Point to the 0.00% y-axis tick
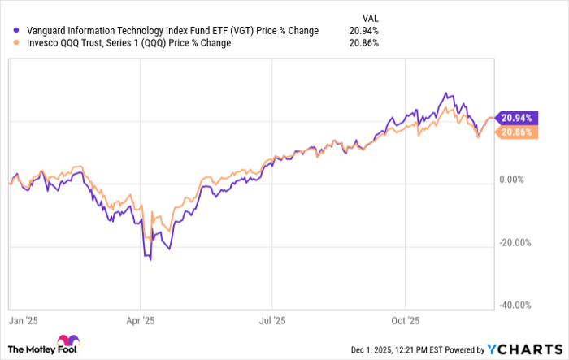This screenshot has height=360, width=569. coord(516,180)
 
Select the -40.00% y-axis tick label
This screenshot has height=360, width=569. coord(514,306)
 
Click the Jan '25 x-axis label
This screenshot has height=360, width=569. coord(21,320)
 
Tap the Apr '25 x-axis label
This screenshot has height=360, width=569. coord(140,320)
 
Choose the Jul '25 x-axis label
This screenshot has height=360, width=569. coord(271,320)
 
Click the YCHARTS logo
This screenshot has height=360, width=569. coord(524,349)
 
